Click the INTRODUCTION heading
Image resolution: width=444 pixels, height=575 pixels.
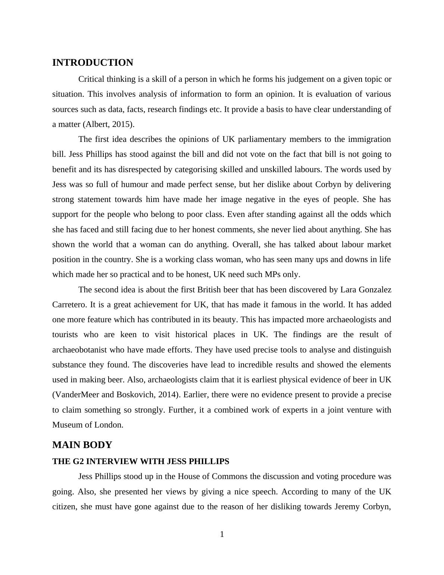tap(93, 63)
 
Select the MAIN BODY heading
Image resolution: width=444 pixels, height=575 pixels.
tap(82, 445)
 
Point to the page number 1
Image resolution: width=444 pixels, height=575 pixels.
tap(222, 534)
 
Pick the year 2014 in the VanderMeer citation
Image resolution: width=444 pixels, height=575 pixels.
tap(169, 395)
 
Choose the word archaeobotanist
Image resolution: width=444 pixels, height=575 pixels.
tap(79, 350)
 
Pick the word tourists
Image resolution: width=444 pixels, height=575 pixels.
tap(65, 335)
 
